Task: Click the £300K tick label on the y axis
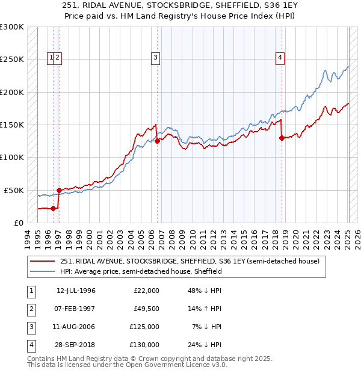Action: [x=11, y=27]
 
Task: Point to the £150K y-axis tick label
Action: [x=11, y=125]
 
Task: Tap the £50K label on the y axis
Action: [x=14, y=190]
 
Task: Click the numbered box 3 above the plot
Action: [x=155, y=58]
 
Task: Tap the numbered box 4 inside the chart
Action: [x=280, y=58]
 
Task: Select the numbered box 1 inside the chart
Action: [x=52, y=58]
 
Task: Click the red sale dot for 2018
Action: [x=282, y=138]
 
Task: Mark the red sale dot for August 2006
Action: [x=158, y=141]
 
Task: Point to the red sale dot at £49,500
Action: [x=59, y=190]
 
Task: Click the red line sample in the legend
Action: [x=43, y=261]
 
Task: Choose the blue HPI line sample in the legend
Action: [x=43, y=271]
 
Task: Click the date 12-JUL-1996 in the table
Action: [x=76, y=291]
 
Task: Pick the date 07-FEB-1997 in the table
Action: [x=76, y=309]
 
